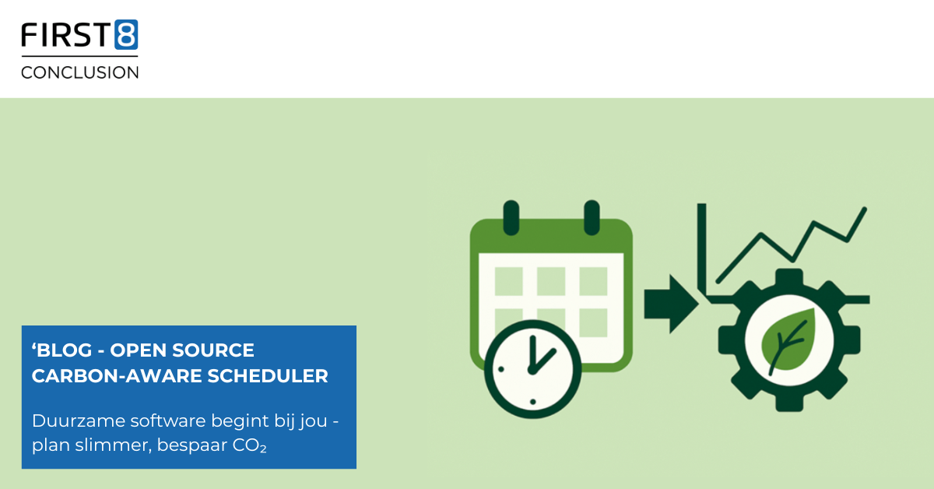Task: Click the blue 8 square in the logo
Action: coord(126,34)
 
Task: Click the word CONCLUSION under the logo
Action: coord(79,72)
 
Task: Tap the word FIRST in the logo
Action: coord(66,34)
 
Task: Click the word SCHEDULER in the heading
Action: coord(268,376)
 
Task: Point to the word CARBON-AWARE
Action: coord(118,376)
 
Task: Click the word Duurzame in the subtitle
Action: coord(79,420)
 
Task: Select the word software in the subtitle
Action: coord(168,420)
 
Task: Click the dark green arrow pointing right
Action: coord(671,304)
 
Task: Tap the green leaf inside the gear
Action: coord(787,339)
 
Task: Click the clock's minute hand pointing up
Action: coord(532,353)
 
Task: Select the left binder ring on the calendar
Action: coord(511,217)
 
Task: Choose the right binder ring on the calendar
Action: coord(592,217)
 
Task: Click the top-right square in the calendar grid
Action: coord(593,281)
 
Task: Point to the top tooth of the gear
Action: coord(789,277)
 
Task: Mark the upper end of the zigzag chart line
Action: coord(865,209)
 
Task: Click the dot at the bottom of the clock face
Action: coord(533,402)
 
